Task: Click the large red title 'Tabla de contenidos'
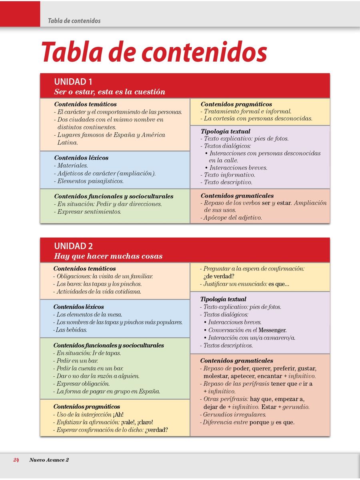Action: pos(154,52)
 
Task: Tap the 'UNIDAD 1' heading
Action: pos(73,82)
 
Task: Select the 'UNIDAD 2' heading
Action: pos(73,246)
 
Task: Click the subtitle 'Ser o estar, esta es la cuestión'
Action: pos(110,92)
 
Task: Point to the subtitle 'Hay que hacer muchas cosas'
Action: pos(108,256)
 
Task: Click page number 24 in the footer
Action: pos(16,460)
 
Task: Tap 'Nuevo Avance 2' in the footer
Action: pos(49,460)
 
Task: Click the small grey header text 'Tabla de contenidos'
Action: pos(74,20)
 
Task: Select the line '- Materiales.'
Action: pos(71,166)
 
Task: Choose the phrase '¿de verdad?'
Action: pos(218,276)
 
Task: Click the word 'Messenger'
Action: pos(272,330)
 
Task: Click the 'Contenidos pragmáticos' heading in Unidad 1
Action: pos(236,104)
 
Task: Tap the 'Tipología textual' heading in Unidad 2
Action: pos(223,299)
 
